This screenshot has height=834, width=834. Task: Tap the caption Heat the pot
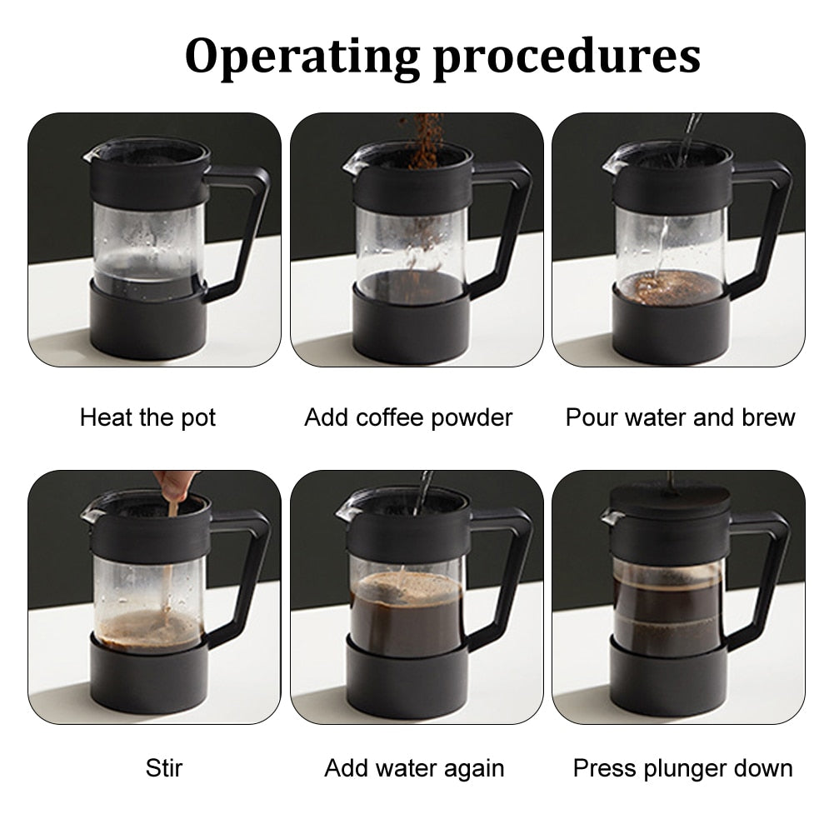point(147,418)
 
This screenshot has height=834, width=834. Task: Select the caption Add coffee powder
point(408,418)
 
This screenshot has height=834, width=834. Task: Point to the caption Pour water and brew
point(680,417)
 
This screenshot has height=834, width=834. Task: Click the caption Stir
point(164,768)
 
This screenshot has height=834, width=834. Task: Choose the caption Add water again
point(414,769)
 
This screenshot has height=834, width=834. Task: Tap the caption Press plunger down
point(682,769)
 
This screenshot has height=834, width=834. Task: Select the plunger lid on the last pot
point(670,500)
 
